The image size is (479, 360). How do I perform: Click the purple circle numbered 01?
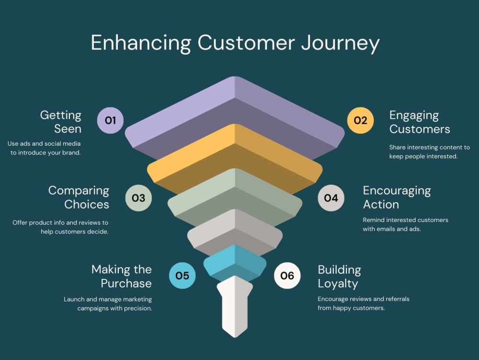pos(110,120)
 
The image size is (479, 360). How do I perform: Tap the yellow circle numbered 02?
pos(361,120)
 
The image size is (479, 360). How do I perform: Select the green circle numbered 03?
pos(138,198)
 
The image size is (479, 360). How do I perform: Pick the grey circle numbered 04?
pos(331,198)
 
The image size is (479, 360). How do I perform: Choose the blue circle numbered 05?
pos(182,276)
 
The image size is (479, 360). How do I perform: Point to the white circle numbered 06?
pos(287,276)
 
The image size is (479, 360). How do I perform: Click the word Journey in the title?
pos(340,44)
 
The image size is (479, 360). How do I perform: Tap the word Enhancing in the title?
pos(141,44)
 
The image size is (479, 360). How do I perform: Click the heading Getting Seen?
pos(61,122)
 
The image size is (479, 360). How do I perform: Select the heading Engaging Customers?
pos(420,122)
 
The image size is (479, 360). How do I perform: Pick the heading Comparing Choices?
pos(79,197)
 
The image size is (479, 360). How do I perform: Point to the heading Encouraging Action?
pos(397,197)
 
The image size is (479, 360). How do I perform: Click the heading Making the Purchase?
pos(122,276)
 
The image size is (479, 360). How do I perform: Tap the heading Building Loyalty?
pos(340,277)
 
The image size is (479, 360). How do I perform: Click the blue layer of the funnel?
pos(235,263)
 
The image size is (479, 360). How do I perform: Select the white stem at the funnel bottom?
pos(235,306)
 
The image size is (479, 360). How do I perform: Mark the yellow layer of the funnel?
pos(235,159)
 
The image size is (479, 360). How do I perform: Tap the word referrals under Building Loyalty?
pos(398,299)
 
